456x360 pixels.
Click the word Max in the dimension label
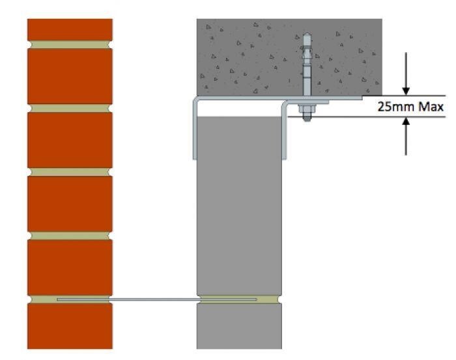click(431, 107)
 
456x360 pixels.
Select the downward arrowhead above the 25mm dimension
click(406, 91)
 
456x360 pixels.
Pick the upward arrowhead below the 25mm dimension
click(406, 121)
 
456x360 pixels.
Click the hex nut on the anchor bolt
click(307, 109)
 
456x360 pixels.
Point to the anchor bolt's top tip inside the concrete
click(307, 33)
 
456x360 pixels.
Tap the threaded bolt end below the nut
click(307, 117)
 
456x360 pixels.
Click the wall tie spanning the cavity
click(157, 299)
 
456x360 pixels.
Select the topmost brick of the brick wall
click(70, 30)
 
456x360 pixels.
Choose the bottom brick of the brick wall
click(70, 325)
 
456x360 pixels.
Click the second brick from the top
click(70, 76)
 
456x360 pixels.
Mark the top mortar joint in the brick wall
click(70, 45)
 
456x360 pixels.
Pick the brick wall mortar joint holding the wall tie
click(70, 299)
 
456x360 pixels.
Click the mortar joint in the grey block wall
click(239, 299)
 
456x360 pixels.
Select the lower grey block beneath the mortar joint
click(239, 326)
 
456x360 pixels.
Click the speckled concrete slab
click(289, 57)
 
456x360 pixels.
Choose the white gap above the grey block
click(239, 109)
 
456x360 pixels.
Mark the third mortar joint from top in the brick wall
click(70, 172)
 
